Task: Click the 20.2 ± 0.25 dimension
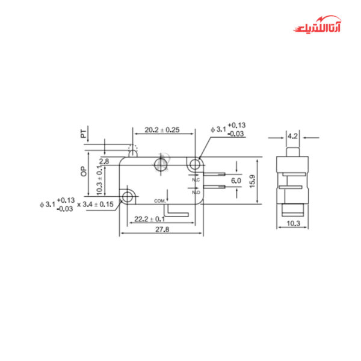(x=162, y=129)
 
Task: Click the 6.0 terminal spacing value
(x=236, y=180)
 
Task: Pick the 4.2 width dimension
(x=293, y=135)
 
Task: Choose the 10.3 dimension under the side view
(x=294, y=223)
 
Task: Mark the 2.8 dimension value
(x=104, y=162)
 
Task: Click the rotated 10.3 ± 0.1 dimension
(x=100, y=181)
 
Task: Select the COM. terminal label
(x=159, y=200)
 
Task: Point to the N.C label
(x=196, y=179)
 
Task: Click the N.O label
(x=196, y=192)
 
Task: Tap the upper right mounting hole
(x=194, y=164)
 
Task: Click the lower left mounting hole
(x=128, y=197)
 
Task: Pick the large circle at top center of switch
(x=161, y=164)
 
